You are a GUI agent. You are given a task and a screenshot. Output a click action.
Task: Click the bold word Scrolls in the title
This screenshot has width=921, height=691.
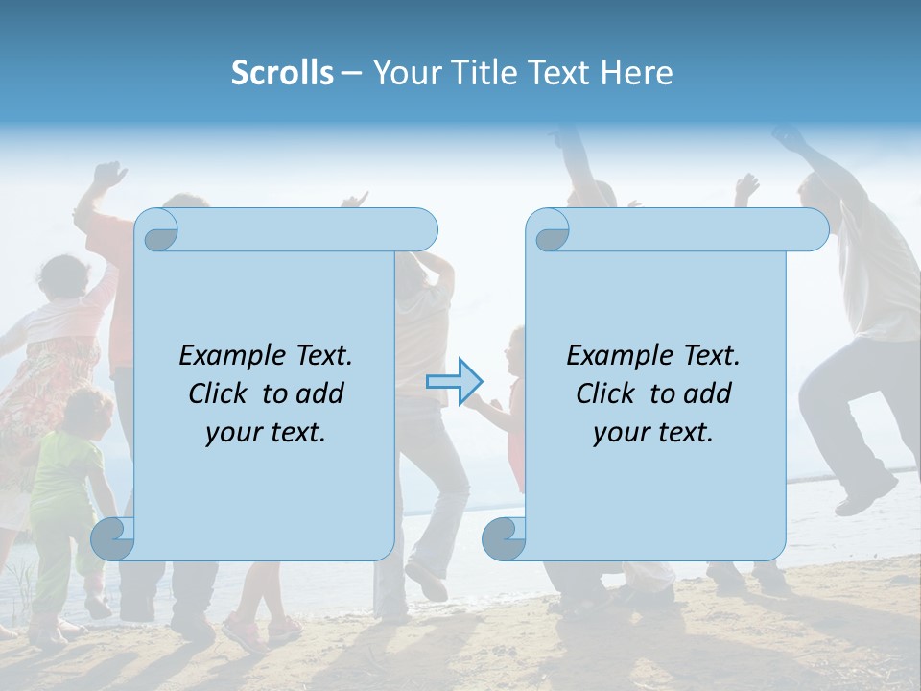click(x=282, y=73)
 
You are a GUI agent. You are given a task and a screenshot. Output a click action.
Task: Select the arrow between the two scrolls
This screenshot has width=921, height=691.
click(x=454, y=382)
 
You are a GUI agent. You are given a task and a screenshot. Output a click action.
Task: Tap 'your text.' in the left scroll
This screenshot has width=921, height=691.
click(x=266, y=433)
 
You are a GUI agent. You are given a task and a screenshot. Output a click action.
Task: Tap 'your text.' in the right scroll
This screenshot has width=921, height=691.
click(x=653, y=433)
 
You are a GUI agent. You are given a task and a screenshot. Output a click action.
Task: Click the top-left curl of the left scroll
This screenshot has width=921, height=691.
click(x=159, y=233)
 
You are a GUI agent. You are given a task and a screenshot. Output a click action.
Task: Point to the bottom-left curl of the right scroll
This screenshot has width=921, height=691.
click(x=504, y=538)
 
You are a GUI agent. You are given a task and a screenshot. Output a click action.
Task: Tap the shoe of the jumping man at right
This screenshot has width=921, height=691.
click(x=863, y=499)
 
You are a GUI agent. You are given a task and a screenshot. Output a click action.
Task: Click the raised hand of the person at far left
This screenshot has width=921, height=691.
click(x=108, y=176)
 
